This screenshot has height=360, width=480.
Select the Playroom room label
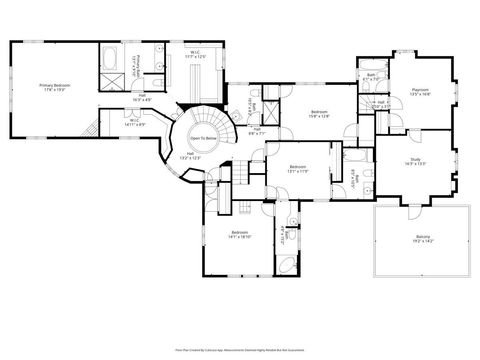click(x=421, y=91)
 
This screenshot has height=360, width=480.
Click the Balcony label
click(x=424, y=238)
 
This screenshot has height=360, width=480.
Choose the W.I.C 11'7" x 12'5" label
click(x=197, y=54)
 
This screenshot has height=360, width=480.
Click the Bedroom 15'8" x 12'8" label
click(x=319, y=112)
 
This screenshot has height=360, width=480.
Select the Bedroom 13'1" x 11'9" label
click(x=298, y=168)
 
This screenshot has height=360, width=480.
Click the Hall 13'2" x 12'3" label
click(x=189, y=155)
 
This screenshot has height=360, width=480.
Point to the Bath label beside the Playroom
click(x=370, y=74)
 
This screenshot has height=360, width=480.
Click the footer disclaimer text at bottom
click(x=240, y=350)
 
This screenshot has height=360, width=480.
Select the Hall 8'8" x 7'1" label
click(x=257, y=129)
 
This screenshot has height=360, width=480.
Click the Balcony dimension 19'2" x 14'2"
click(x=424, y=242)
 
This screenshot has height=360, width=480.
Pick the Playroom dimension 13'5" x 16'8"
click(x=421, y=95)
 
